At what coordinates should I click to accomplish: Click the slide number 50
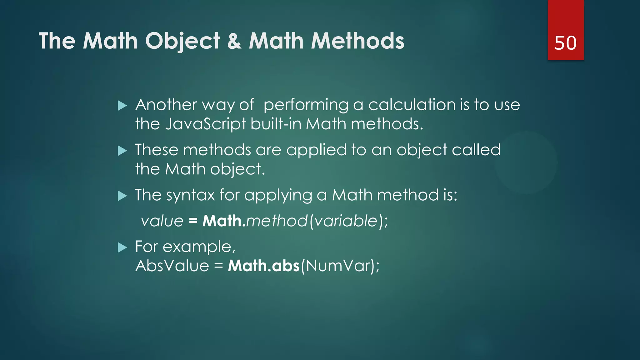pos(565,43)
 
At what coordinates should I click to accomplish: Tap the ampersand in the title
pos(234,41)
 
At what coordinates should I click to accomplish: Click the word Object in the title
pos(183,41)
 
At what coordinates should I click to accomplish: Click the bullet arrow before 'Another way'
pos(122,106)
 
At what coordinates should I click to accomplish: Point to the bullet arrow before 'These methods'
pos(122,151)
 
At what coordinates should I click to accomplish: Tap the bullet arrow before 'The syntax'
pos(122,196)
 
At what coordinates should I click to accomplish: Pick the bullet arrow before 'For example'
pos(122,248)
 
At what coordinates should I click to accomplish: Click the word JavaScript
pos(206,124)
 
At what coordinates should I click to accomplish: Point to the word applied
pos(316,150)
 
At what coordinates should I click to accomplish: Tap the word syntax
pos(190,196)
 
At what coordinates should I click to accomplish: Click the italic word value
pos(162,221)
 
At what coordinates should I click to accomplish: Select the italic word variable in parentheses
pos(346,221)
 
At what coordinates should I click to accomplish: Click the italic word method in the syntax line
pos(277,221)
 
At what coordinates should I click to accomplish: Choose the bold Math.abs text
pos(264,266)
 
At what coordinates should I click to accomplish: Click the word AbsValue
pos(172,266)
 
